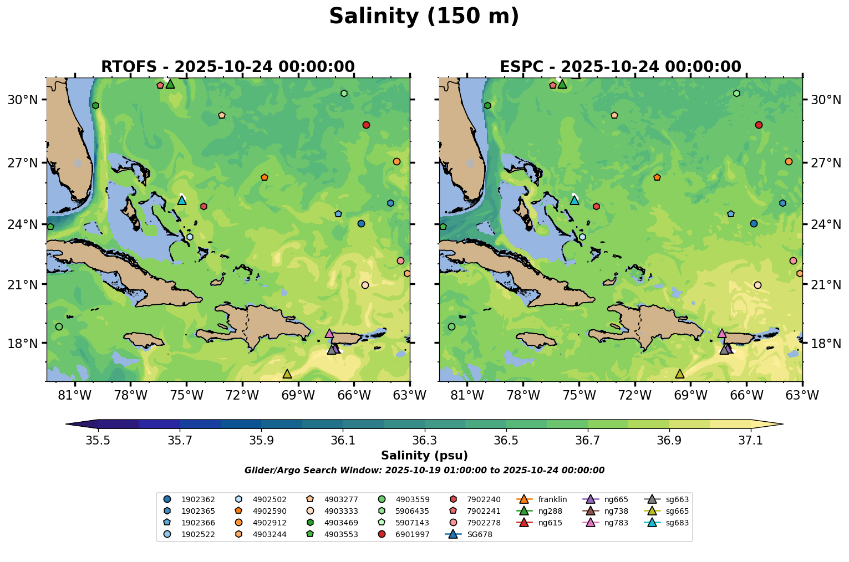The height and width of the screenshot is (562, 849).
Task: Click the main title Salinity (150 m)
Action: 424,17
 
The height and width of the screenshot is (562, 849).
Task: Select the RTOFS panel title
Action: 227,67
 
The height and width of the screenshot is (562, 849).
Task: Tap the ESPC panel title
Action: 620,67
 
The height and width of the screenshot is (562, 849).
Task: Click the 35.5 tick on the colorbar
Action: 98,440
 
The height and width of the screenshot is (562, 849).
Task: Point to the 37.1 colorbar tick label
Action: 751,440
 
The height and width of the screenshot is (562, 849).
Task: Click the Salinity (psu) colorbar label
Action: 424,456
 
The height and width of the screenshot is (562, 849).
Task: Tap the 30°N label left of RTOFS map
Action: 22,100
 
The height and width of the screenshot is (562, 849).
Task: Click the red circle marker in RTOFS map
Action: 366,125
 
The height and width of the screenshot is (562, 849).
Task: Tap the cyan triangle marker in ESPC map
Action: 575,200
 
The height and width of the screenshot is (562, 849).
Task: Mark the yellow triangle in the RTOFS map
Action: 287,374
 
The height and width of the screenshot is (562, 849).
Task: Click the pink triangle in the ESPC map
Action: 721,333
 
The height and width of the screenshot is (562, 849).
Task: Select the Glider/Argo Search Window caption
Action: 424,471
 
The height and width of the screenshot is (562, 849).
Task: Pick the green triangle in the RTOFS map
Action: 170,84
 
